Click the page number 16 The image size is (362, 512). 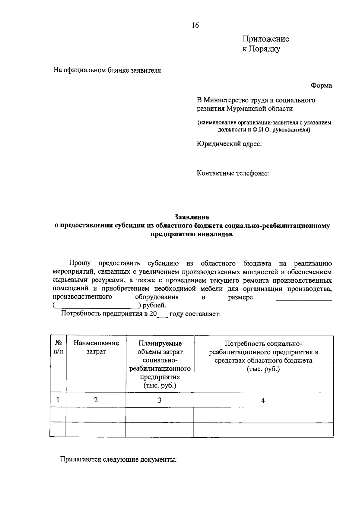(x=195, y=25)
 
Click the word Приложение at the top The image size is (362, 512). (x=266, y=39)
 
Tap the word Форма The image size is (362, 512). (x=322, y=86)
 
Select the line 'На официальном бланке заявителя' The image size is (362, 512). (x=107, y=71)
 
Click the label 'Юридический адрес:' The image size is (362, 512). (x=229, y=144)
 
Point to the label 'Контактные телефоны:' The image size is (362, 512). (x=233, y=173)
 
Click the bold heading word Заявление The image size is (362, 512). (x=192, y=217)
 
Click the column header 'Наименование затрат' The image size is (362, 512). (x=96, y=347)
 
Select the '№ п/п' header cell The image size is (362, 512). (x=58, y=347)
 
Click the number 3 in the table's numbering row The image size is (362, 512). (x=160, y=400)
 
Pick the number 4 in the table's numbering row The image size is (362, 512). (x=263, y=400)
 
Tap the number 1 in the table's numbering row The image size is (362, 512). (x=58, y=400)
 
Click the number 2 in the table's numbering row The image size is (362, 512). (x=96, y=400)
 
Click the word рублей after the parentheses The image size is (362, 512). (x=154, y=306)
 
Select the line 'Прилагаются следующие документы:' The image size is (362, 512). (x=118, y=460)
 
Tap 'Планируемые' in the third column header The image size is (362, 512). (x=160, y=343)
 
